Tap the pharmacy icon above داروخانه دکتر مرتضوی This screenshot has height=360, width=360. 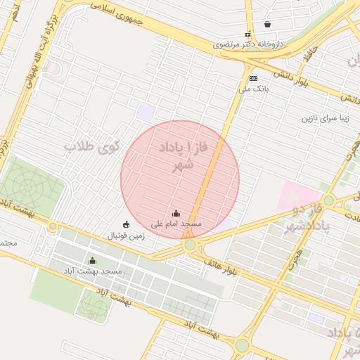click(247, 33)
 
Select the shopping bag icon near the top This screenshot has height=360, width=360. click(267, 24)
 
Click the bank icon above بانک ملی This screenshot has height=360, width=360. click(253, 78)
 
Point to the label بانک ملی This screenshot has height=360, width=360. click(255, 89)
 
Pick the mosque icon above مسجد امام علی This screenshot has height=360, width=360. click(176, 213)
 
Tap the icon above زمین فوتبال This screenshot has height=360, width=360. click(126, 224)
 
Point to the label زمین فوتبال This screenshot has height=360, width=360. click(126, 236)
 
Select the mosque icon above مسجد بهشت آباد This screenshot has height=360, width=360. click(91, 261)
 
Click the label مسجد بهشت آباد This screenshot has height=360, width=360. click(93, 271)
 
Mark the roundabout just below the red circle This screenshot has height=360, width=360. click(190, 245)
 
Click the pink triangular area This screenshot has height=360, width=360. click(290, 195)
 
